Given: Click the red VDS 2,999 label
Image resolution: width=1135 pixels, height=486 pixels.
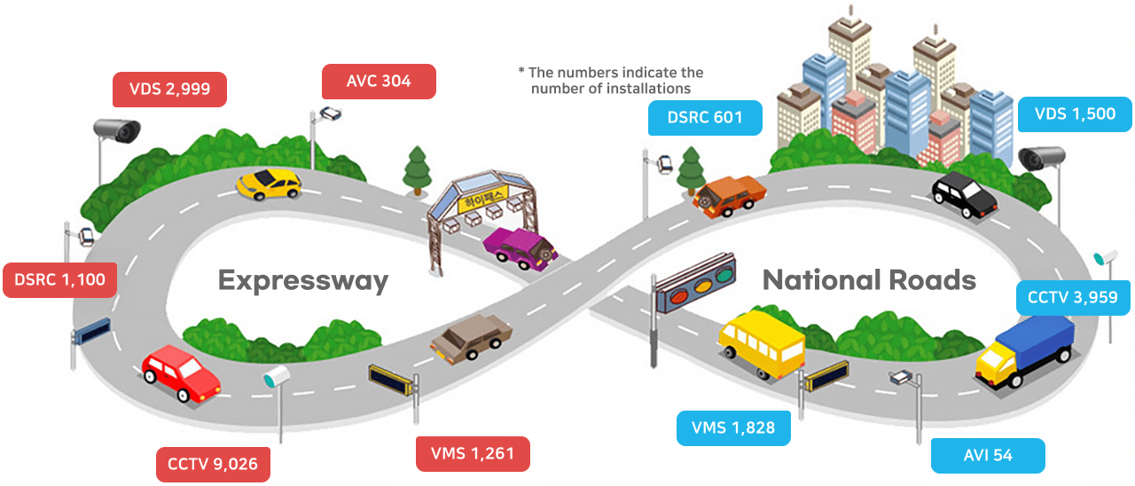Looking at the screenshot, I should pos(169,89).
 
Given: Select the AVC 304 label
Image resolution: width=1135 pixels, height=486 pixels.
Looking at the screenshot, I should pos(379,82).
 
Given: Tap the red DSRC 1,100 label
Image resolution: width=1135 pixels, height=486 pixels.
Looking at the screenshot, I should pos(59,280).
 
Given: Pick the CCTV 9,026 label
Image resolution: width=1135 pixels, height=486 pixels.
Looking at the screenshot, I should pos(213,464).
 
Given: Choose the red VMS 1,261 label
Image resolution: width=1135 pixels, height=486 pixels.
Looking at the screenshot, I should pos(473,454).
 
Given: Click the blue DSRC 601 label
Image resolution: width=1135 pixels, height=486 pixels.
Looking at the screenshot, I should pos(704,118).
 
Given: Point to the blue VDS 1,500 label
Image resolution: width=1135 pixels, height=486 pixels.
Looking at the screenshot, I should pos(1075,114).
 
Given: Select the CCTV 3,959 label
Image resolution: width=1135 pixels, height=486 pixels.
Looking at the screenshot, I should pos(1072,297).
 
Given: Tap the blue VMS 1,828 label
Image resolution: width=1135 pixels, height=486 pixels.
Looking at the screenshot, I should pos(733,428).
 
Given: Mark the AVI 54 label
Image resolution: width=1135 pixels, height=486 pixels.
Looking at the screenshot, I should pos(988,456).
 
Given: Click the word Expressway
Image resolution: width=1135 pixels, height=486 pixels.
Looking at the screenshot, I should pos(303,281).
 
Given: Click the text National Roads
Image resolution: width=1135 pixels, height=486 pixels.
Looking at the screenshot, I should pos(869,281).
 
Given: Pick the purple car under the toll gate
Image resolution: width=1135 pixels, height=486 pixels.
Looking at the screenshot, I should pos(519,247).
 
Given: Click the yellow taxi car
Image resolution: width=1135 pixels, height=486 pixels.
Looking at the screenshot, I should pos(269,184).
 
